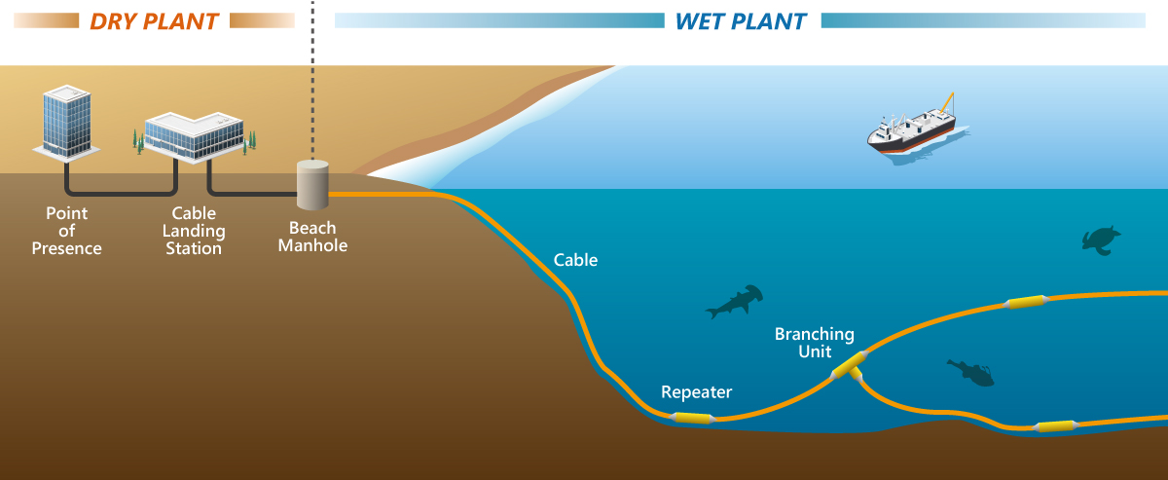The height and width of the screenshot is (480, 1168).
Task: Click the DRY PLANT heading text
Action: click(x=154, y=20)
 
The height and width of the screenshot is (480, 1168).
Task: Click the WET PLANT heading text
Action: click(x=741, y=20)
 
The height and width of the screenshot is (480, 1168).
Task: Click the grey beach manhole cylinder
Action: click(x=312, y=185)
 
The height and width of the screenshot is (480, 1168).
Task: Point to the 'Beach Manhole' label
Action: click(x=312, y=238)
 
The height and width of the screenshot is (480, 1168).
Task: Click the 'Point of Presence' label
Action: click(x=66, y=231)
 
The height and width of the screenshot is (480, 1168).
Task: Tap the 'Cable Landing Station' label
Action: click(x=194, y=231)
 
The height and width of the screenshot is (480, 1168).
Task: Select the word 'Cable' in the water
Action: click(x=575, y=260)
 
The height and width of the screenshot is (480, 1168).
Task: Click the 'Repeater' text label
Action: click(x=696, y=392)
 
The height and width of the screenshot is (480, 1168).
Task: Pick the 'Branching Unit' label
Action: click(x=815, y=343)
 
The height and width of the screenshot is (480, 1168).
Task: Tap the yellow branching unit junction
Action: click(x=848, y=367)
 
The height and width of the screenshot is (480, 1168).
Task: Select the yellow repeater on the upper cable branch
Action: click(x=1025, y=303)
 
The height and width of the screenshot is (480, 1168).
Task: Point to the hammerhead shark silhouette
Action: click(x=733, y=302)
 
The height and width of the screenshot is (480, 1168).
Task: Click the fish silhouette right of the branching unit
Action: click(x=970, y=371)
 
